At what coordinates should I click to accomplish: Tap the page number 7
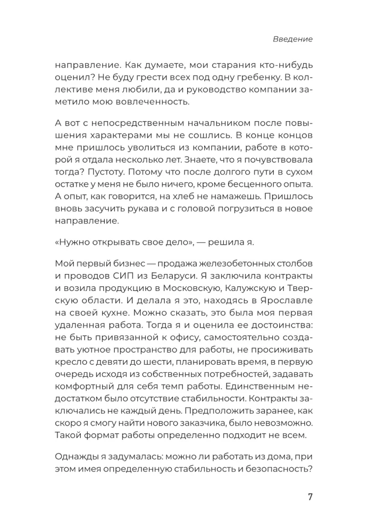point(310,497)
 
